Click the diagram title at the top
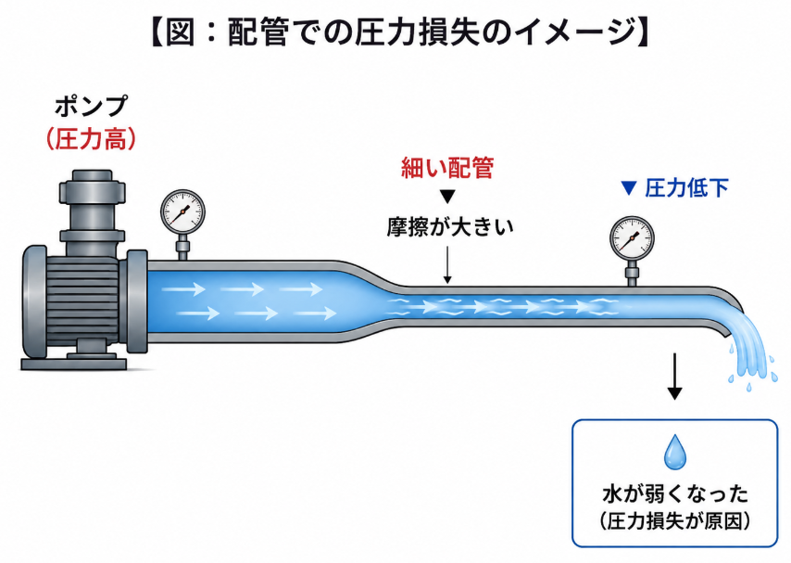point(399,32)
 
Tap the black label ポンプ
point(92,108)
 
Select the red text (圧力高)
point(92,139)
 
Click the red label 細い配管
point(447,167)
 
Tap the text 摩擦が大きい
point(450,227)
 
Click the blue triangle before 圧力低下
point(629,188)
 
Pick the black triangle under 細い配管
point(447,196)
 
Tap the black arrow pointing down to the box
point(674,377)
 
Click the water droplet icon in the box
point(674,452)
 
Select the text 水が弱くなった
point(675,493)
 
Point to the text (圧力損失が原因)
point(675,521)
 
